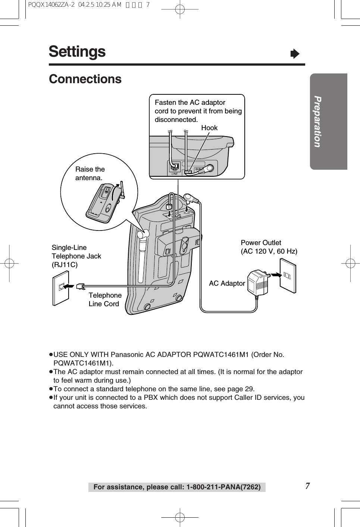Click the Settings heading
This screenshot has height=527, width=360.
[77, 52]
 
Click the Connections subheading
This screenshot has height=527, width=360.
[85, 79]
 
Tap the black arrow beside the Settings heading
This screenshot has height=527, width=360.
[295, 54]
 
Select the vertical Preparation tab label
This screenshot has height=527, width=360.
[317, 122]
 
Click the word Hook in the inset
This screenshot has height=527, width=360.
[209, 128]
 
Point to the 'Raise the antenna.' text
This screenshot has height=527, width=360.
[90, 173]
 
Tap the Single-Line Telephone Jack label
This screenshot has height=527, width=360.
[76, 256]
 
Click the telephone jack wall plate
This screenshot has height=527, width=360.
[61, 289]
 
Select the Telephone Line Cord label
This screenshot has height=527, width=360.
[105, 299]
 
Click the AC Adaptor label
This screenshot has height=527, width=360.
[227, 283]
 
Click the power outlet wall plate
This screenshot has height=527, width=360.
[288, 276]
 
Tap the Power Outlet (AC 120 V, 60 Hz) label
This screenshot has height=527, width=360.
[269, 247]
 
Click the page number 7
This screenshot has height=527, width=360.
[307, 486]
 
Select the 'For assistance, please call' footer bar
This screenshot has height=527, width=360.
[177, 487]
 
